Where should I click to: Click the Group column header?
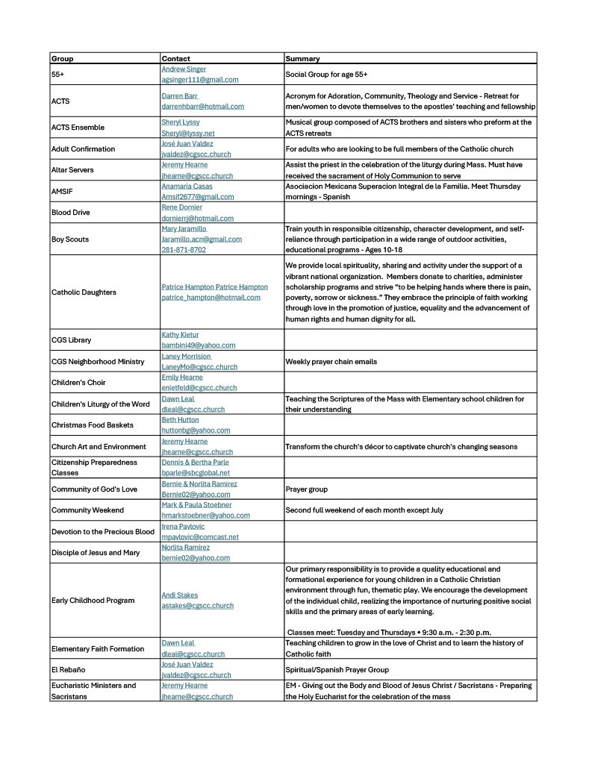click(x=63, y=58)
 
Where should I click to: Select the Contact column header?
click(x=176, y=58)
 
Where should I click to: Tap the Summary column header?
click(x=302, y=58)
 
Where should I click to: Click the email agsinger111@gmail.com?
click(x=200, y=80)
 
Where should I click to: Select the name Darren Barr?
click(x=180, y=96)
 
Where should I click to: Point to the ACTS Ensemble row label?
click(x=78, y=128)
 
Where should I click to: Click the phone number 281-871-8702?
click(x=184, y=250)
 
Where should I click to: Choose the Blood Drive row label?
click(x=70, y=213)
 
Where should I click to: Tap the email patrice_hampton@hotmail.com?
click(x=211, y=298)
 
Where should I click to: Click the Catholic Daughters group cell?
click(x=84, y=292)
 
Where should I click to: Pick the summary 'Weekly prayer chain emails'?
click(x=331, y=362)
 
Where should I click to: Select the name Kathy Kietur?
click(x=180, y=335)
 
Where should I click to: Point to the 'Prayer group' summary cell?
click(x=307, y=489)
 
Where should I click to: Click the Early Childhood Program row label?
click(x=93, y=601)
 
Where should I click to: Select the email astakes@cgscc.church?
click(x=198, y=606)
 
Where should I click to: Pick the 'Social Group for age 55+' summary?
click(x=326, y=75)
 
